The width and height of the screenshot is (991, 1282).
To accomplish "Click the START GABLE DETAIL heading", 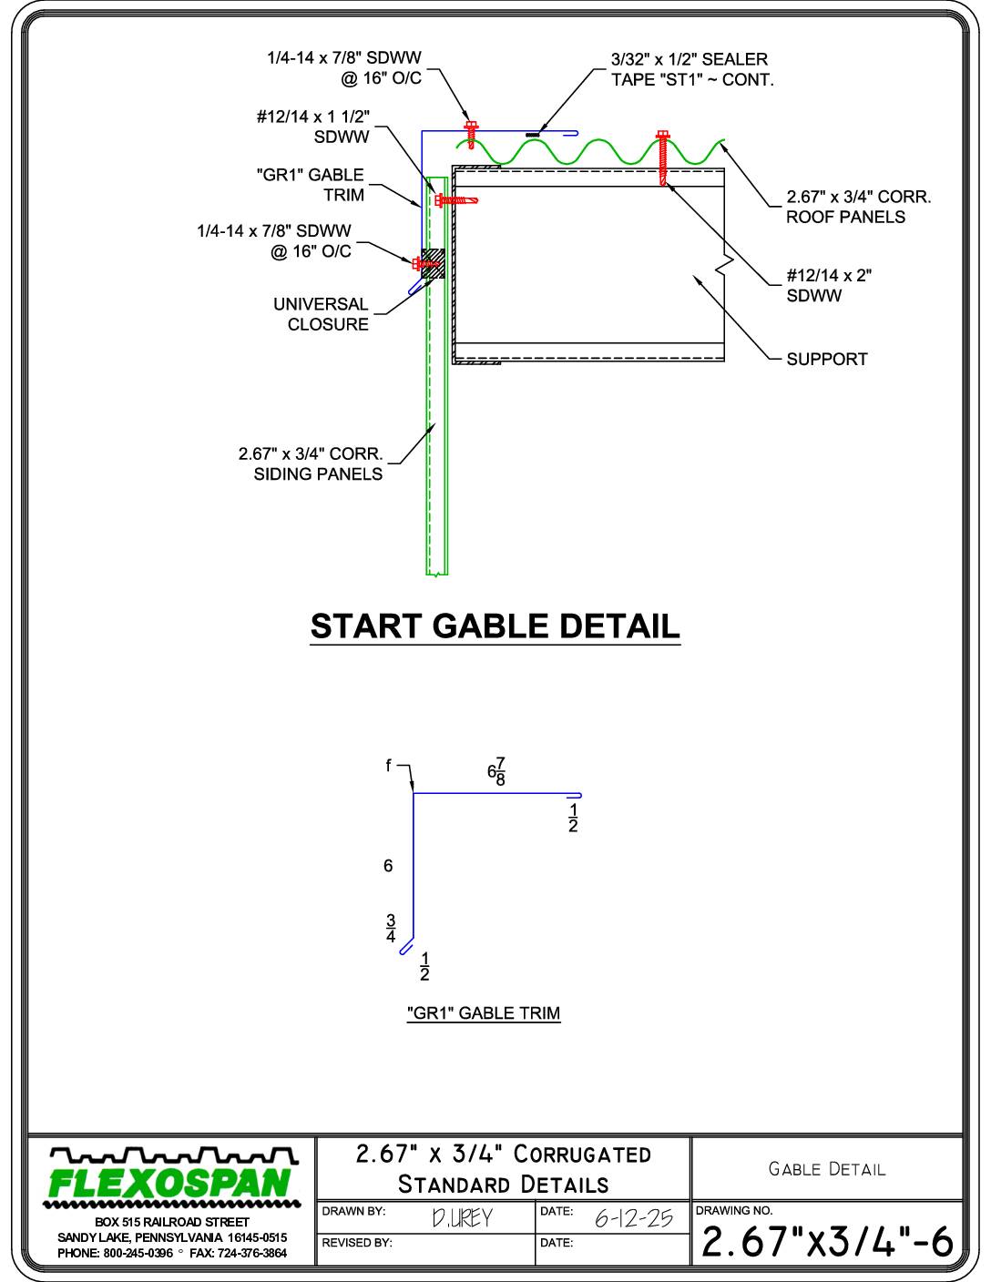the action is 495,626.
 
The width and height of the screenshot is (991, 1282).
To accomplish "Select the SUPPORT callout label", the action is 826,360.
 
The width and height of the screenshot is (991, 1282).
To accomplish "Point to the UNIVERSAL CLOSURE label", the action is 321,314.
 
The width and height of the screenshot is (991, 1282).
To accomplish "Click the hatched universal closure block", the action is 434,263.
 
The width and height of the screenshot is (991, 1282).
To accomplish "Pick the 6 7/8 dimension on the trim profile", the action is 496,771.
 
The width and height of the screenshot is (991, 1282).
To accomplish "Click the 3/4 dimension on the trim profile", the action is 391,928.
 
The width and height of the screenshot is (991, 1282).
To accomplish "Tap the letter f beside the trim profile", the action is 388,766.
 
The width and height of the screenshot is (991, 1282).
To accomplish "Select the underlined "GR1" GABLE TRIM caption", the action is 484,1013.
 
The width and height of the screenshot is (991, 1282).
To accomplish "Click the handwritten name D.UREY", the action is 462,1218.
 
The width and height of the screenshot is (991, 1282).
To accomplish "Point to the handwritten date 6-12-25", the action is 633,1218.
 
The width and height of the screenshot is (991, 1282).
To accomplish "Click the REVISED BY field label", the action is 356,1243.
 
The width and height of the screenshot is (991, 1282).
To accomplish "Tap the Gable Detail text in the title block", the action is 826,1169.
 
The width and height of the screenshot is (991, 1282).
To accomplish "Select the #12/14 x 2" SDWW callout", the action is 829,286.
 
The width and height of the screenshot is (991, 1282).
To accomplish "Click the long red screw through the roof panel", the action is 663,158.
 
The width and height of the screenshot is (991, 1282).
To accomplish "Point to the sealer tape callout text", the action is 691,69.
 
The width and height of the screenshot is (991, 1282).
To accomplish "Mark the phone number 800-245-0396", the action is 138,1253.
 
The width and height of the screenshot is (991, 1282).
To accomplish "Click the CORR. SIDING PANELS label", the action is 311,463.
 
